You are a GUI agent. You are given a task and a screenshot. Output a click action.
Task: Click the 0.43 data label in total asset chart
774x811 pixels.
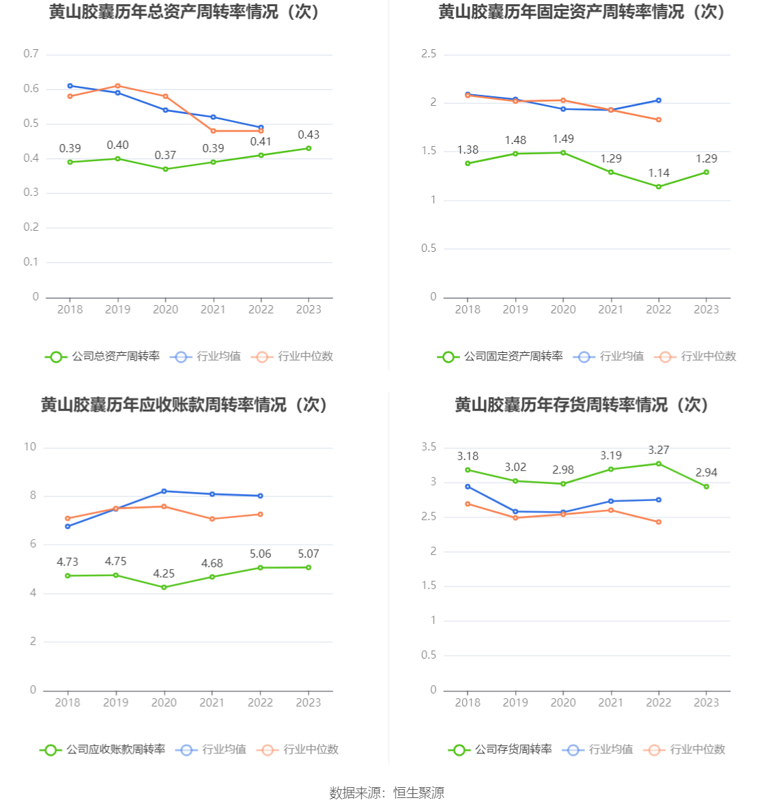[x=309, y=135]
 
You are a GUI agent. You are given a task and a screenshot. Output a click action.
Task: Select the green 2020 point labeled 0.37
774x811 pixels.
[x=165, y=169]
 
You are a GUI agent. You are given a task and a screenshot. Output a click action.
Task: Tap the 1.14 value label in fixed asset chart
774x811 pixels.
[x=659, y=173]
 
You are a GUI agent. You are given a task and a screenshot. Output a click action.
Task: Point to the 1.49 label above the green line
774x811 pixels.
[x=563, y=139]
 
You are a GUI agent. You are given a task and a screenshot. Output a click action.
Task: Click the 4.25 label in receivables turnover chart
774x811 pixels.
[x=164, y=574]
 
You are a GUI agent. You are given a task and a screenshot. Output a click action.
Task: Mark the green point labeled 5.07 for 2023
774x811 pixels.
[x=309, y=567]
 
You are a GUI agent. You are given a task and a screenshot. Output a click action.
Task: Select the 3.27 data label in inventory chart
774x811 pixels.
[x=659, y=451]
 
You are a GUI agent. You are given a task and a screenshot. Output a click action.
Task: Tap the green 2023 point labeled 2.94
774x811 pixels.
[x=706, y=487]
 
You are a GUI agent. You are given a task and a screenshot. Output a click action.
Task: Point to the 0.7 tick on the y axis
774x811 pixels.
[x=31, y=54]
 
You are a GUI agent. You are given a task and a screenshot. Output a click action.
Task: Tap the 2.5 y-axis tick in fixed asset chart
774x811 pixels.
[x=429, y=54]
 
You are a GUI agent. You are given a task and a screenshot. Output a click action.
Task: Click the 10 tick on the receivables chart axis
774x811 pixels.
[x=30, y=447]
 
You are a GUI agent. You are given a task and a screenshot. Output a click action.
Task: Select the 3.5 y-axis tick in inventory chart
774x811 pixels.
[x=429, y=447]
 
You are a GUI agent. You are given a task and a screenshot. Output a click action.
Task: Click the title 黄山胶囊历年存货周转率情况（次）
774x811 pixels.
[x=582, y=405]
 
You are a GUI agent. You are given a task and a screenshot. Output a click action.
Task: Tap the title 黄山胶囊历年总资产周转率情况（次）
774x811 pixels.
[x=185, y=12]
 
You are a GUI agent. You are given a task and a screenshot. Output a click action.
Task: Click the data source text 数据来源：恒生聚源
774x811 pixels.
[x=387, y=793]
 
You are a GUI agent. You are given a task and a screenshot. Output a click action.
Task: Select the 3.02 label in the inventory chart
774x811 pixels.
[x=515, y=468]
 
